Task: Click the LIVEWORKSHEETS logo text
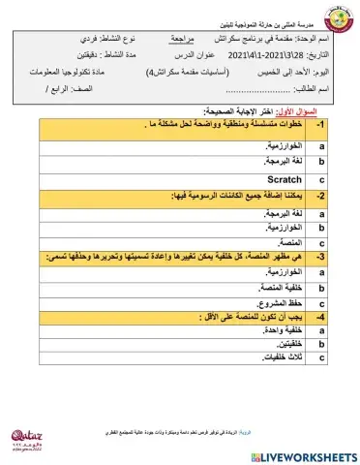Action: tap(303, 454)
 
